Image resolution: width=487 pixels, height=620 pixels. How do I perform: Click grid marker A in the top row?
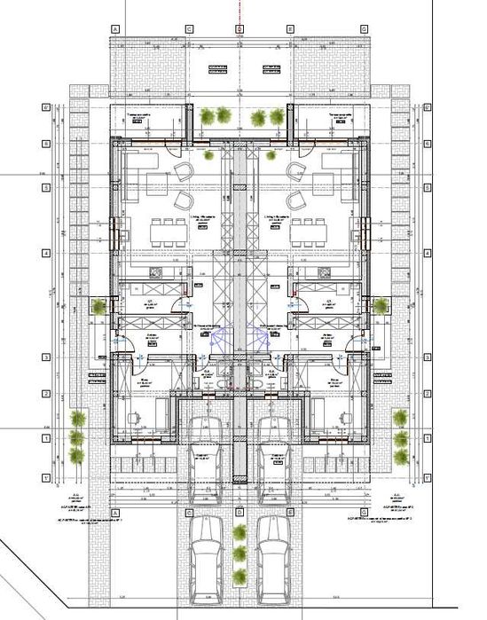[115, 28]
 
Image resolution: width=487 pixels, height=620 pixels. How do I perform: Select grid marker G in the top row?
[364, 28]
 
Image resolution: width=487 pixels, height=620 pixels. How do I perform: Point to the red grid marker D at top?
[239, 28]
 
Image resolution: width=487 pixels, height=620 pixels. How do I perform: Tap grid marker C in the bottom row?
[189, 513]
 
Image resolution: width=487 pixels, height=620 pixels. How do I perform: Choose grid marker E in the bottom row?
[290, 513]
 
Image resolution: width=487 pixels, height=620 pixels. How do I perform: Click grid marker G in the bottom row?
[364, 513]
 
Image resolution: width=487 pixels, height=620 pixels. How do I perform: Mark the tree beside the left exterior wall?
[98, 306]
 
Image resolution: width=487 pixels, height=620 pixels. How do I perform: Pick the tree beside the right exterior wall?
[381, 306]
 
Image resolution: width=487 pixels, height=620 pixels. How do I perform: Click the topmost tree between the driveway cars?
[240, 532]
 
